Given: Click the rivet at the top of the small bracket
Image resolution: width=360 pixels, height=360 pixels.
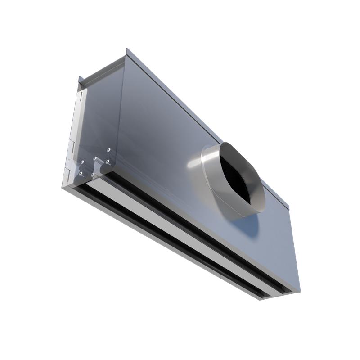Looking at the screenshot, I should point(95,158).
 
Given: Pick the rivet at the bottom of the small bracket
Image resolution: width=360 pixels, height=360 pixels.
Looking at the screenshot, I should point(93,174).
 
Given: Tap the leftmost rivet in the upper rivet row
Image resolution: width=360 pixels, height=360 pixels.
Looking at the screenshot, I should point(82,162).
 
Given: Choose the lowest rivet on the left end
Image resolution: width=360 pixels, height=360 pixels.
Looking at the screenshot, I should point(81,173).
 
